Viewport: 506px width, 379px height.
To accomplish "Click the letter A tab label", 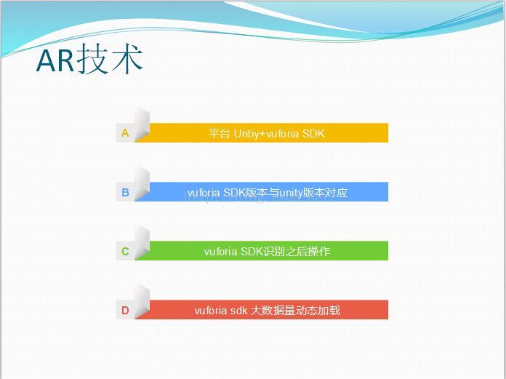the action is [x=125, y=132].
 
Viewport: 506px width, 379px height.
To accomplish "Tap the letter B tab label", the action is [x=125, y=192].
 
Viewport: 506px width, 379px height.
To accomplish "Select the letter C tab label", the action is [x=125, y=251].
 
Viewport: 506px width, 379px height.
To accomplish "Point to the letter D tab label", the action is [x=125, y=310].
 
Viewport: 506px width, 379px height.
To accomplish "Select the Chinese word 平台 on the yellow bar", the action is [x=219, y=133].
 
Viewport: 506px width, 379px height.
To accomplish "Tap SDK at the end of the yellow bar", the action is [x=313, y=133].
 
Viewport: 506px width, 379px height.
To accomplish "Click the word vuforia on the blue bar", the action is [x=204, y=192].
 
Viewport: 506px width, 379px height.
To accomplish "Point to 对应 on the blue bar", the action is [x=337, y=192].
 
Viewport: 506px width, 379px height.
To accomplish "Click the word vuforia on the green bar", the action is [x=220, y=251].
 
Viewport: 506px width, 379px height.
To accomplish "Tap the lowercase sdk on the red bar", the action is [x=238, y=310].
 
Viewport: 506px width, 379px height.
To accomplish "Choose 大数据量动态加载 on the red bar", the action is [x=295, y=310].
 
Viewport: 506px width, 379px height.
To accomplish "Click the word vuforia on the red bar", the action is [x=211, y=310].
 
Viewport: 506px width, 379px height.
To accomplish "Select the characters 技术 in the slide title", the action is [x=110, y=59].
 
